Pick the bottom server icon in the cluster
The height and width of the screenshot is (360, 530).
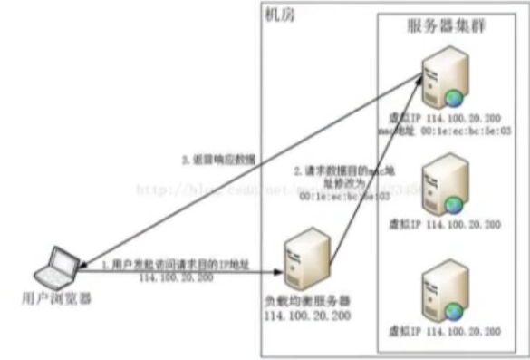[x=444, y=290]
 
